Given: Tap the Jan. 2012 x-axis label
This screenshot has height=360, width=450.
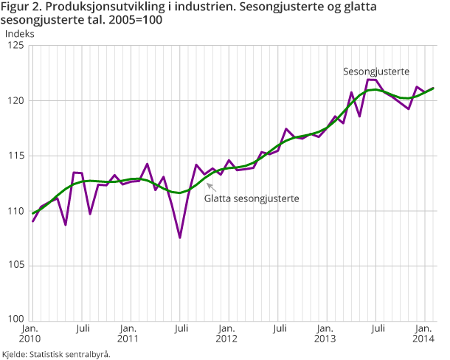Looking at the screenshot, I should (227, 333).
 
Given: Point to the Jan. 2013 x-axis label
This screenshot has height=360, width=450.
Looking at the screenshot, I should (325, 333).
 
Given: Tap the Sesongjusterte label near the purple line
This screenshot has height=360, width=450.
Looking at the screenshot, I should (376, 72).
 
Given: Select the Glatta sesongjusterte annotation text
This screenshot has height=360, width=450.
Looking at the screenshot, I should (246, 198).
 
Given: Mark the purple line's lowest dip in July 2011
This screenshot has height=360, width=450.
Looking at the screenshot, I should (179, 238).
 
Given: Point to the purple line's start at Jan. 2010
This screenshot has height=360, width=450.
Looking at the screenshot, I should (33, 221).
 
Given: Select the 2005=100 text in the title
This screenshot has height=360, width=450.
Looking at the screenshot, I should (135, 20).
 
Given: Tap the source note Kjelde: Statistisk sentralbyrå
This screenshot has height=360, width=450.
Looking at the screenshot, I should (56, 354).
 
